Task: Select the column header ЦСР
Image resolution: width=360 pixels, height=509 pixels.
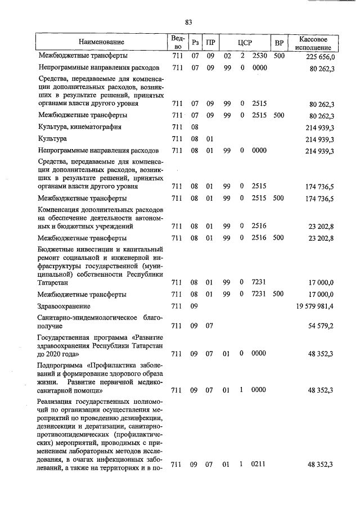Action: (x=245, y=43)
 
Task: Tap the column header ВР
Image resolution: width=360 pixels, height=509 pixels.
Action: (x=278, y=43)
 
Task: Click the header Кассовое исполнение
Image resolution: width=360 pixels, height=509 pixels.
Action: (x=314, y=43)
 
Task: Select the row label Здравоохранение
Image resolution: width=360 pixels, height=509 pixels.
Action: (x=64, y=306)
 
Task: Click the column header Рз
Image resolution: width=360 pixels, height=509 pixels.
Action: (x=195, y=43)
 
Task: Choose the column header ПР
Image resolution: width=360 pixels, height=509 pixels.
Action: (x=210, y=43)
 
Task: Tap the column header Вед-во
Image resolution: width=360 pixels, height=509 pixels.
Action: (x=177, y=43)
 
